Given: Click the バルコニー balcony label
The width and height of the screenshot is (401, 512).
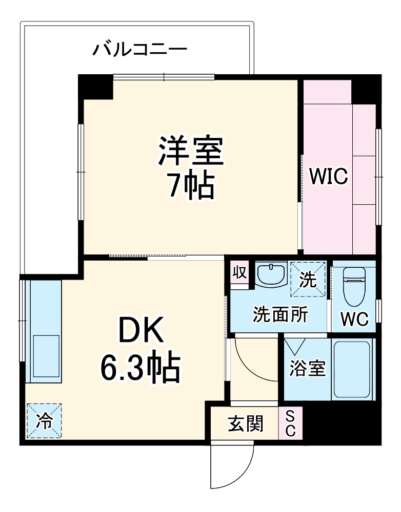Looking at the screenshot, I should (139, 50).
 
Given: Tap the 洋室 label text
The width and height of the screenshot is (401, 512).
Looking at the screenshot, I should (191, 151).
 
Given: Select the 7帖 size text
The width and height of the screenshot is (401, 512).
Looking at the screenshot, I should (191, 186).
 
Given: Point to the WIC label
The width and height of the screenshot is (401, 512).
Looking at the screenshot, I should (328, 177).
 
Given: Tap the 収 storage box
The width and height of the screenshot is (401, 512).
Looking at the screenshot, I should (239, 271).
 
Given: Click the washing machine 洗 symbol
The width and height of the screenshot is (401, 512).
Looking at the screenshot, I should (308, 279).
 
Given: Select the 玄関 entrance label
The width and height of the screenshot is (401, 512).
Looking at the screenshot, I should (246, 423).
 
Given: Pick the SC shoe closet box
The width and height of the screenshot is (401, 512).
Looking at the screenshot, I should (290, 423).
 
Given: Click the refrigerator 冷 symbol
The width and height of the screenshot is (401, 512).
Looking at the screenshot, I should (45, 421).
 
